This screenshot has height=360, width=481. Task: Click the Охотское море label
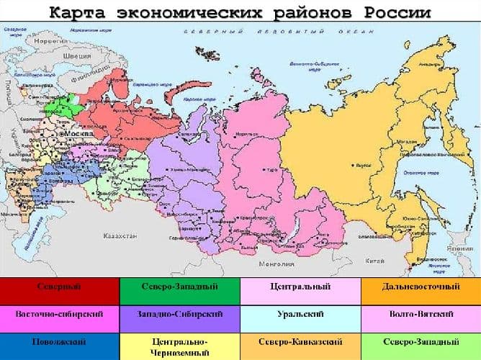413,172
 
